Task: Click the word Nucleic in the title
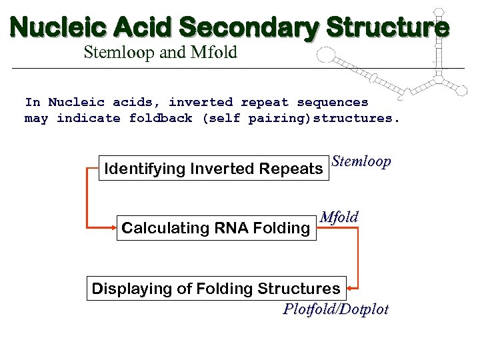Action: click(x=58, y=27)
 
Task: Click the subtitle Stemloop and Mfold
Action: click(x=160, y=53)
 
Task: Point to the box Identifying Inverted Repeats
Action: click(x=213, y=169)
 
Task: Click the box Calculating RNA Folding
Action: click(x=215, y=229)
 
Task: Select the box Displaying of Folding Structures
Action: click(x=216, y=289)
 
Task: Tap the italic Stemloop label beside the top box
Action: click(x=361, y=162)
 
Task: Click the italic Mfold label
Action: click(x=339, y=217)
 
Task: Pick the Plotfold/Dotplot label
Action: click(x=335, y=309)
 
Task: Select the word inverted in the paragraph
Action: click(x=200, y=103)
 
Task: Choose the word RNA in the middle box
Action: click(x=229, y=229)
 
